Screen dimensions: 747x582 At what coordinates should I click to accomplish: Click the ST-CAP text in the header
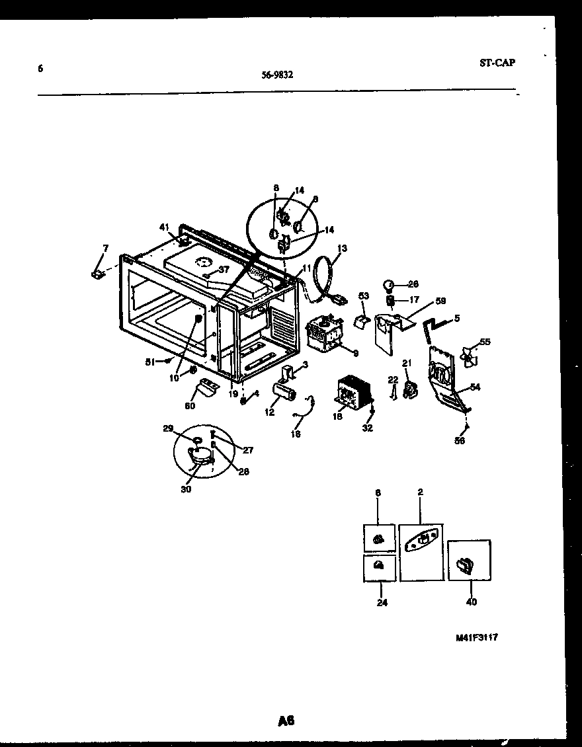click(496, 63)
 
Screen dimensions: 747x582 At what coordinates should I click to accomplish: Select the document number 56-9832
click(277, 75)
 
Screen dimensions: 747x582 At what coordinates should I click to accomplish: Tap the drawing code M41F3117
click(476, 638)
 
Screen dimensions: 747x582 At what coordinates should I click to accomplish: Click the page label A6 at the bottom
click(286, 720)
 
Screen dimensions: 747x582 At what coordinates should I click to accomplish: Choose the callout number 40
click(471, 602)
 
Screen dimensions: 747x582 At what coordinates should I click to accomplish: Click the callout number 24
click(382, 603)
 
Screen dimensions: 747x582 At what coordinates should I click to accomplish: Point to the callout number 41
click(164, 227)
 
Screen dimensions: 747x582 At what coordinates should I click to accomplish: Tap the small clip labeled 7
click(98, 272)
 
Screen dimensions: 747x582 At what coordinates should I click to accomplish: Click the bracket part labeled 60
click(209, 387)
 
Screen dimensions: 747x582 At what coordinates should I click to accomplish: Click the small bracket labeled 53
click(362, 322)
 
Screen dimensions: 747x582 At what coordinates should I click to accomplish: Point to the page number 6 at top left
click(40, 67)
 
